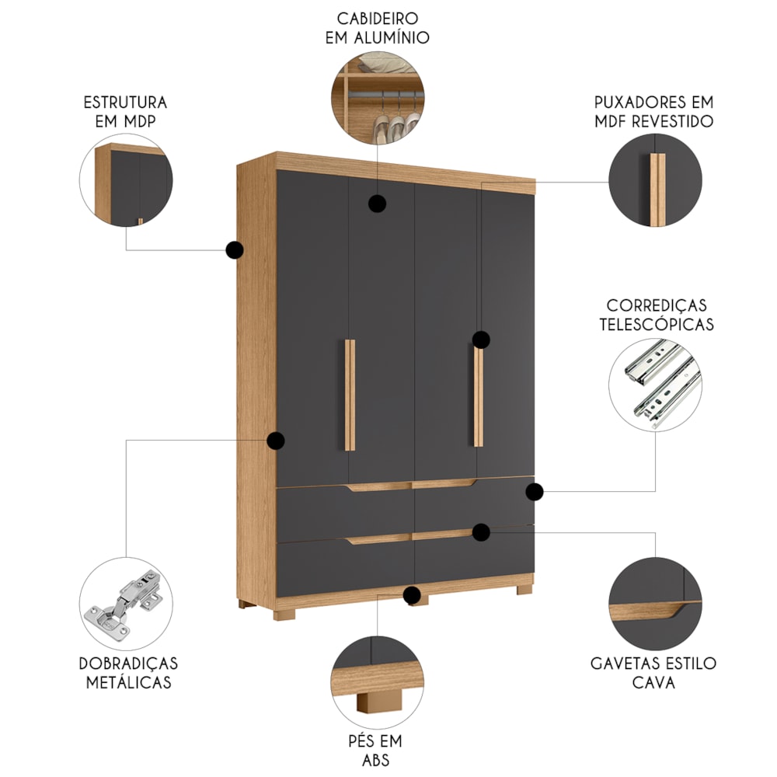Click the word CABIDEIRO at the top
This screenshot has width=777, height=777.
point(378,19)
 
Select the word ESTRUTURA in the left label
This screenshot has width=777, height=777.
point(125,103)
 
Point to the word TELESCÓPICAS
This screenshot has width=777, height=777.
point(657,324)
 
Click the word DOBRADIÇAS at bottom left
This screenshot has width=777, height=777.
point(128,663)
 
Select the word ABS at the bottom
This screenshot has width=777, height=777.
point(375,760)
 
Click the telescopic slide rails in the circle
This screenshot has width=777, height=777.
point(662,382)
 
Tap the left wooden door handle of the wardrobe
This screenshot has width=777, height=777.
point(350,395)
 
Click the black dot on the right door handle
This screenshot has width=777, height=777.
point(481,340)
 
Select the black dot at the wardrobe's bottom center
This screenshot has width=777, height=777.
point(412,595)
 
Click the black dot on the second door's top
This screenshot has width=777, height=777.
point(377,203)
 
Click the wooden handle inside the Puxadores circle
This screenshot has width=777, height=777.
point(657,190)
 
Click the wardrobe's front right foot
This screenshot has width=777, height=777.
point(524,589)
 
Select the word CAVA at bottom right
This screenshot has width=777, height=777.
point(653,682)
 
